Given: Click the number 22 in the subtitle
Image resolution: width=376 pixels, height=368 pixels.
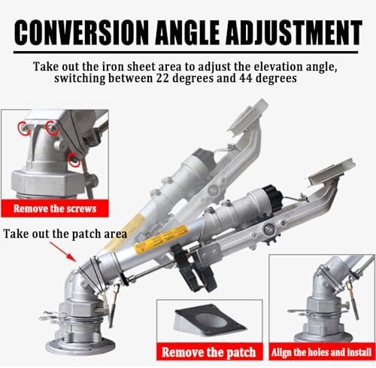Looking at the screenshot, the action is (x=163, y=78).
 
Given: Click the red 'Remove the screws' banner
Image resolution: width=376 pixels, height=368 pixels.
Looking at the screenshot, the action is (x=55, y=208).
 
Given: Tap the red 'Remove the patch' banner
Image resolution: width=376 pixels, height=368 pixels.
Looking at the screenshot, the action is (x=209, y=351).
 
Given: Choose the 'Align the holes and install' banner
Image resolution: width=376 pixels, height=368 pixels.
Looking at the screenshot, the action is (x=322, y=351).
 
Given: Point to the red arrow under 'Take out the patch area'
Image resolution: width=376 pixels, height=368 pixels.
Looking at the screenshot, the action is (x=63, y=252).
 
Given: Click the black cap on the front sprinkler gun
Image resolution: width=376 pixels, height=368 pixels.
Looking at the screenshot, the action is (x=273, y=198).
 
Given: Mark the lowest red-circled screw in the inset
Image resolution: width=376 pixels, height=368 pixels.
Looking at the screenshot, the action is (x=74, y=160).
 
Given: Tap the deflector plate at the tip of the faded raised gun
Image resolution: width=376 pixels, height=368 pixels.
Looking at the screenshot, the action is (x=248, y=116).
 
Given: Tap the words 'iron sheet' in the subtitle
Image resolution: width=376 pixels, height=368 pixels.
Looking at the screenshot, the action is (x=129, y=66).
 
